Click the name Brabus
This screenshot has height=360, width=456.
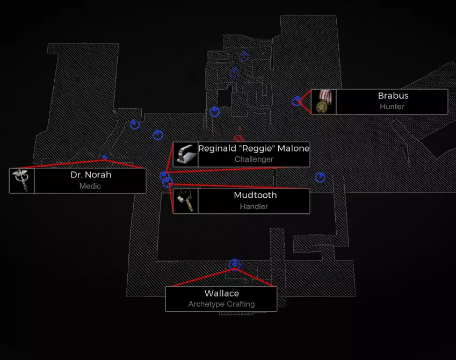tap(393, 96)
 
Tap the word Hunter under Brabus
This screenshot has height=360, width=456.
tap(392, 106)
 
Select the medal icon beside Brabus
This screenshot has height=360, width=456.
tap(323, 102)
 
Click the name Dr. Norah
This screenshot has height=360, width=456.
tap(91, 175)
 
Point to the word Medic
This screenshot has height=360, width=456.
tap(90, 186)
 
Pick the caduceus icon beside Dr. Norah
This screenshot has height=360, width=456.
tap(22, 181)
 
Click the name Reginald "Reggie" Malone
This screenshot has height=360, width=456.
tap(254, 148)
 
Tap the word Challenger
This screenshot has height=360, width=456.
tap(254, 159)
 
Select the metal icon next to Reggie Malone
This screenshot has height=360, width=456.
tap(185, 155)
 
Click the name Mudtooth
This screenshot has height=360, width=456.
tap(255, 195)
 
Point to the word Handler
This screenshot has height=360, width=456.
tap(254, 206)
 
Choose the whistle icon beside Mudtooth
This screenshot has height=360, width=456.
tap(185, 201)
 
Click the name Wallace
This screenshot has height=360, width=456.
tap(222, 293)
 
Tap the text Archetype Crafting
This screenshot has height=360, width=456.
tap(221, 304)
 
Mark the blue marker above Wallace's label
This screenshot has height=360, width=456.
tap(234, 264)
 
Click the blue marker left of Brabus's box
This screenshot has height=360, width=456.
tap(296, 101)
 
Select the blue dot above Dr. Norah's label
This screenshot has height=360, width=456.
tap(105, 157)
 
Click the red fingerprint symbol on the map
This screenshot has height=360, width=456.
tap(238, 138)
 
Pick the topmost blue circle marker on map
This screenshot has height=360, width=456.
tap(244, 56)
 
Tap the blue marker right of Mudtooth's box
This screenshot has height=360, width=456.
tap(320, 177)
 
